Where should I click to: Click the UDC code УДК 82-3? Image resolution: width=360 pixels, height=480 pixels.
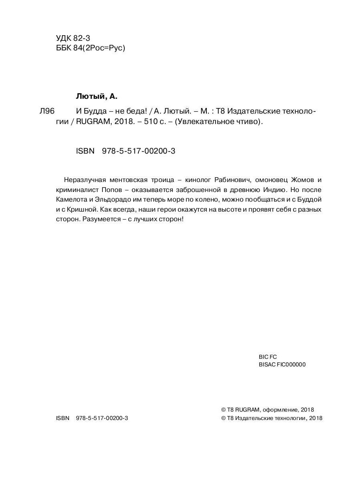[74, 38]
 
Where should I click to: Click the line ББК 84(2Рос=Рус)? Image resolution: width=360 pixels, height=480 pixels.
[91, 48]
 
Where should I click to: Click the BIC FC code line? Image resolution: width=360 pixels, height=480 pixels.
[268, 356]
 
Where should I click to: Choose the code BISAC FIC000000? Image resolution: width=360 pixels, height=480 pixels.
[282, 364]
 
